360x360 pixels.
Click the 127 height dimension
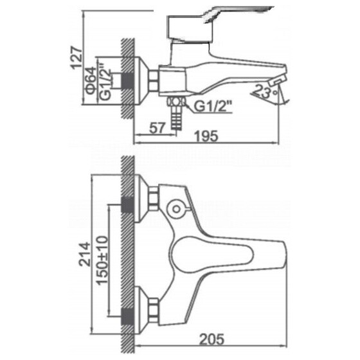click(76, 58)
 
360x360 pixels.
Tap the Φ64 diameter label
click(91, 80)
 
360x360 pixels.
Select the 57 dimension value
click(157, 128)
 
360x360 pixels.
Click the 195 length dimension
click(206, 136)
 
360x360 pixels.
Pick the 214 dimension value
click(84, 254)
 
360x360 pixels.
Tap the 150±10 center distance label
click(102, 260)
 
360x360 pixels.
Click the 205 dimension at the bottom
click(212, 339)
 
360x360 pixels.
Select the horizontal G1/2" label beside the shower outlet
click(213, 107)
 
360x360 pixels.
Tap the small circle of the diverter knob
click(176, 209)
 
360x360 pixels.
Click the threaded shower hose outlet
click(176, 114)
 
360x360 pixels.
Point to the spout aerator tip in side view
click(277, 80)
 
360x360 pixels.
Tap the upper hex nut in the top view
click(154, 199)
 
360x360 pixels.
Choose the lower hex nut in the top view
click(154, 310)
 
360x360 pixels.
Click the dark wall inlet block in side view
click(127, 81)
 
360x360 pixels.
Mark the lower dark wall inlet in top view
click(127, 317)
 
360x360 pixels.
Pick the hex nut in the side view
click(154, 80)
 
